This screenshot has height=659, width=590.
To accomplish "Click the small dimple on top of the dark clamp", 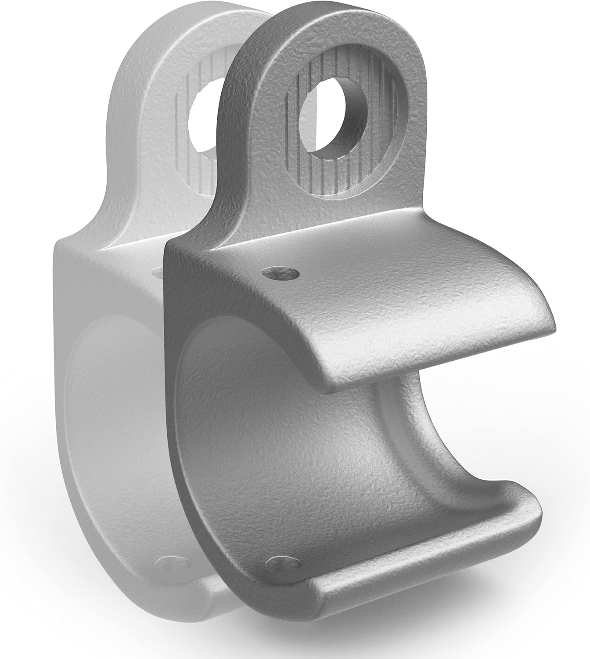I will click(x=280, y=275).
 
